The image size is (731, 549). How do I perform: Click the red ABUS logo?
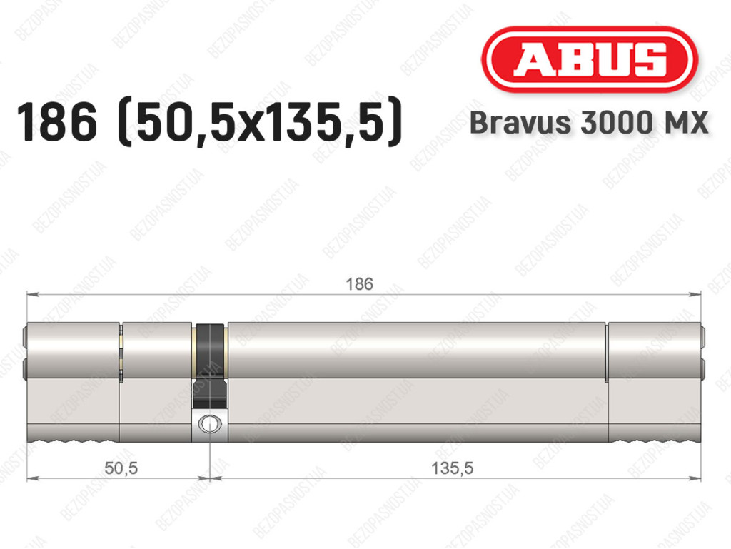[589, 59]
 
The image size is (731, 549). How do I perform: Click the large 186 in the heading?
[56, 122]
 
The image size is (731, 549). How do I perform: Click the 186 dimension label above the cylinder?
[360, 284]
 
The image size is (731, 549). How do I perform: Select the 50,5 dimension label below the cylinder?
[121, 468]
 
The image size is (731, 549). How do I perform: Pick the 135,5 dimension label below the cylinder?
[452, 468]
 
